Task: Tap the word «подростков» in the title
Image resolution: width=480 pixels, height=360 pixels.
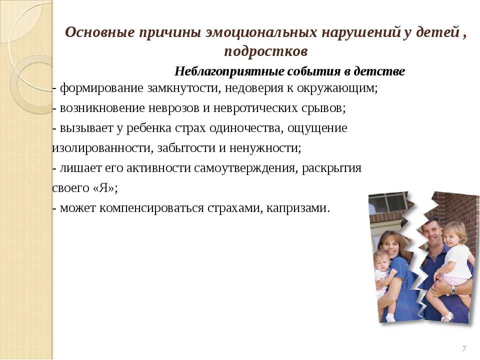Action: click(265, 51)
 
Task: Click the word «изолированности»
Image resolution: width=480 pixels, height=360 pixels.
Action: click(102, 148)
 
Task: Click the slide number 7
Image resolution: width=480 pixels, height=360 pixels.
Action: click(464, 348)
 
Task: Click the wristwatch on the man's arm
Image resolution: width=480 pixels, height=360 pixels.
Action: click(453, 289)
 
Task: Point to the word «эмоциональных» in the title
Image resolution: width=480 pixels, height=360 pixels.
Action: click(261, 32)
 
